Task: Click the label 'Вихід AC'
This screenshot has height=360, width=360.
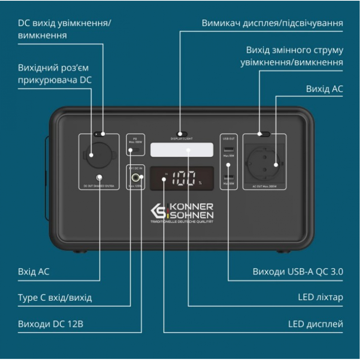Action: click(x=324, y=89)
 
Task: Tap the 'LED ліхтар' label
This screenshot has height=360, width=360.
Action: click(x=320, y=297)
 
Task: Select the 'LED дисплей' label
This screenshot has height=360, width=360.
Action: click(x=315, y=324)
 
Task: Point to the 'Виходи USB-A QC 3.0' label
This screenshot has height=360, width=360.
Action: click(x=298, y=271)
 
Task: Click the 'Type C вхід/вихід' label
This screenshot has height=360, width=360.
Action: click(x=55, y=298)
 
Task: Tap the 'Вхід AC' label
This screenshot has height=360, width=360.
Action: click(x=33, y=271)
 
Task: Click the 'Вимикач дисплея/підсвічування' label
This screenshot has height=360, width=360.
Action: click(x=272, y=23)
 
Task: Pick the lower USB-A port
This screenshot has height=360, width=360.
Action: click(x=229, y=177)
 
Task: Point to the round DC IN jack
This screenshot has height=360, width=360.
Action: click(x=136, y=177)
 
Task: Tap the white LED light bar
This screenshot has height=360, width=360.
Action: click(x=181, y=149)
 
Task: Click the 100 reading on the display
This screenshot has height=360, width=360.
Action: click(x=184, y=178)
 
